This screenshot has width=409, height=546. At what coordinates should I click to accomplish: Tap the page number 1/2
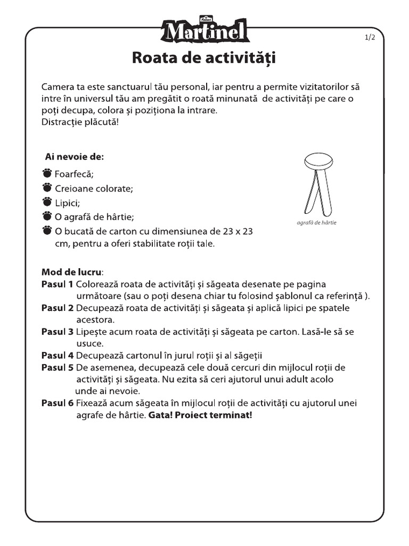[370, 37]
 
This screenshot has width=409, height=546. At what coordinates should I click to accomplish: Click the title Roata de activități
[204, 58]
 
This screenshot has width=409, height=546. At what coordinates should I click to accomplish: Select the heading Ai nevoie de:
[74, 157]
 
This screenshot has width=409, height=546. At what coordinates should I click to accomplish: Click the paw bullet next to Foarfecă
[47, 173]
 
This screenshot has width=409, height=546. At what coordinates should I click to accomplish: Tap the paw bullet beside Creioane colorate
[47, 188]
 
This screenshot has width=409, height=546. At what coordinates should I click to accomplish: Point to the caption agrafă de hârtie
[316, 222]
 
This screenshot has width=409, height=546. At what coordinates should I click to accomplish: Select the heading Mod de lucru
[72, 272]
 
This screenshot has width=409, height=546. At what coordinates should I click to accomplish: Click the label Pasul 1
[58, 284]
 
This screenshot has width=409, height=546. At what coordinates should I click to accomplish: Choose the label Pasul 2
[58, 308]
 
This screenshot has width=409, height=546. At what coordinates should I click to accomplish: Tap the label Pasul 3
[58, 332]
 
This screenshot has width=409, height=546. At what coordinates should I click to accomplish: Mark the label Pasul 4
[58, 356]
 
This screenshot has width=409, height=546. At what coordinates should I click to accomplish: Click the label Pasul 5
[58, 367]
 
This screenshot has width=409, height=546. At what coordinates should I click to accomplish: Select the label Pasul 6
[58, 403]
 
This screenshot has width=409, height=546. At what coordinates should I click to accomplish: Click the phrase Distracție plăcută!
[80, 122]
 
